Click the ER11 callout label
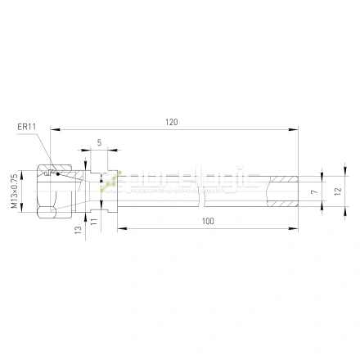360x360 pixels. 28,127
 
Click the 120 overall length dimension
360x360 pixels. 171,122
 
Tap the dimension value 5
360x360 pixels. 99,142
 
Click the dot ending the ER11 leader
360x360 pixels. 58,173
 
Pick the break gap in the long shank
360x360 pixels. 201,190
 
